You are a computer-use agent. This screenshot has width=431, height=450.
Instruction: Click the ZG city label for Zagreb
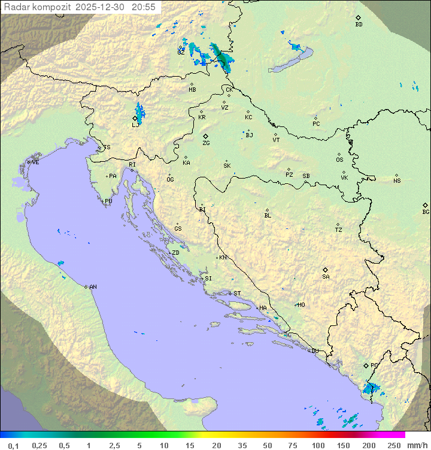pos(206,143)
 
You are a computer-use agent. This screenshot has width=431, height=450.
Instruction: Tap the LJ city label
pos(135,125)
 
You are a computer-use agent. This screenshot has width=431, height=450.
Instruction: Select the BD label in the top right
pos(359,25)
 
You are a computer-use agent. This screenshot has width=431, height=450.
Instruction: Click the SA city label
pos(326,277)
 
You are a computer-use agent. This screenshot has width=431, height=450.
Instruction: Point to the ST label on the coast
pos(237,294)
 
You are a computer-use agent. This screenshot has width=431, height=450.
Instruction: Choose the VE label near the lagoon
pos(35,162)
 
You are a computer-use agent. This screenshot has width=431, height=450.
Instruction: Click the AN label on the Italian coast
pos(93,287)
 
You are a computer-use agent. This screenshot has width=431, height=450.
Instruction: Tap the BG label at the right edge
pos(426,212)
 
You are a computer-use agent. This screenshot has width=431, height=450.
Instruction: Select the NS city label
pos(397,181)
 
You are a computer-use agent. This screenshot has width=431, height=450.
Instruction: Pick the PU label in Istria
pos(108,201)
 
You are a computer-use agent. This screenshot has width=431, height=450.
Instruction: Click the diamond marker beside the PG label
pos(366,365)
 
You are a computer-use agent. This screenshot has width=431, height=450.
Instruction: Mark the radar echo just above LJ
pos(139,111)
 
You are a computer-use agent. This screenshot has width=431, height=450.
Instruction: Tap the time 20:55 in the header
pos(144,7)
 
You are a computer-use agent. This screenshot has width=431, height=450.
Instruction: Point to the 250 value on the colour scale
pos(394,445)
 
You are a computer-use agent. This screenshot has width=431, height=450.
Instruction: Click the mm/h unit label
pos(416,445)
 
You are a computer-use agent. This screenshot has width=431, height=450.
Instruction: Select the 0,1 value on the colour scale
pos(13,445)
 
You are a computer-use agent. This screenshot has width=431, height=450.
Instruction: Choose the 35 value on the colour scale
pos(242,445)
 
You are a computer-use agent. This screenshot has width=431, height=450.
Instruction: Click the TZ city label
pos(339,229)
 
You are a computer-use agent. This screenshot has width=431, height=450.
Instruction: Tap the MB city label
pos(192,90)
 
